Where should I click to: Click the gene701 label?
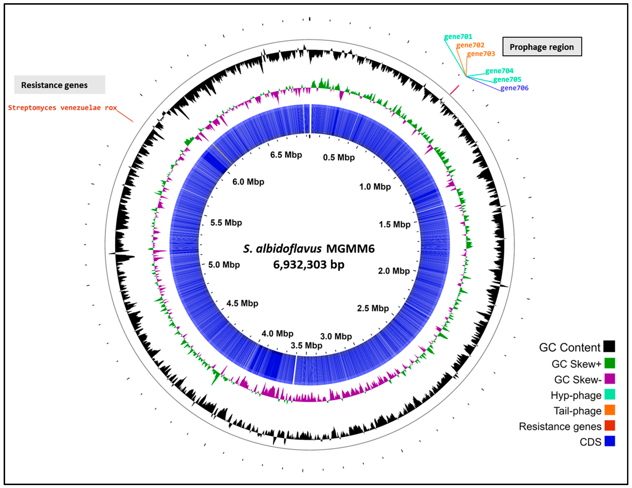pos(458,37)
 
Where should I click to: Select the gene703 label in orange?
pos(481,54)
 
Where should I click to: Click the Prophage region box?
pos(542,47)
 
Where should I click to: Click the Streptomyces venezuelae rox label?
pos(62,108)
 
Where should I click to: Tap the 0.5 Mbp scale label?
pos(339,158)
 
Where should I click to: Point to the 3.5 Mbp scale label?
pos(306,345)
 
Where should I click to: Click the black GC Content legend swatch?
pos(609,346)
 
